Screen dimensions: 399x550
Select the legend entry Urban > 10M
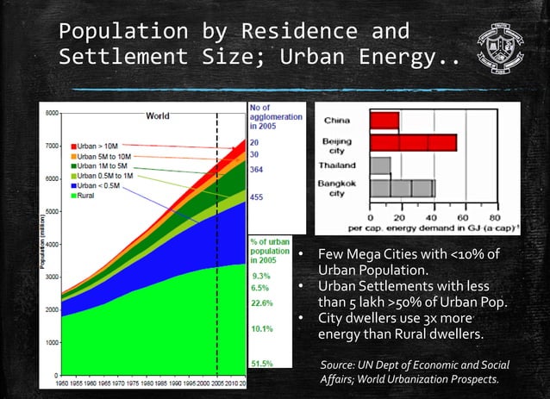(99, 147)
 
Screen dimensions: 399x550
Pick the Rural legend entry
(87, 196)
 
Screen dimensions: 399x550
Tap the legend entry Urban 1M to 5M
(102, 165)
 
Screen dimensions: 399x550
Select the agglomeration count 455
(257, 197)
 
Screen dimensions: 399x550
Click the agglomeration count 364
(257, 170)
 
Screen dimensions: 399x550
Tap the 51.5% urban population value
(263, 364)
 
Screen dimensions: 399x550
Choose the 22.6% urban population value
(263, 303)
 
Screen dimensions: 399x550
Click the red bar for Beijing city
(413, 143)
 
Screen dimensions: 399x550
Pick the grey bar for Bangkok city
(402, 188)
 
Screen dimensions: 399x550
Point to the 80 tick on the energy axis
(495, 218)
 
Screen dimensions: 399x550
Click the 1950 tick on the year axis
(63, 383)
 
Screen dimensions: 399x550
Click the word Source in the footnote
(337, 365)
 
